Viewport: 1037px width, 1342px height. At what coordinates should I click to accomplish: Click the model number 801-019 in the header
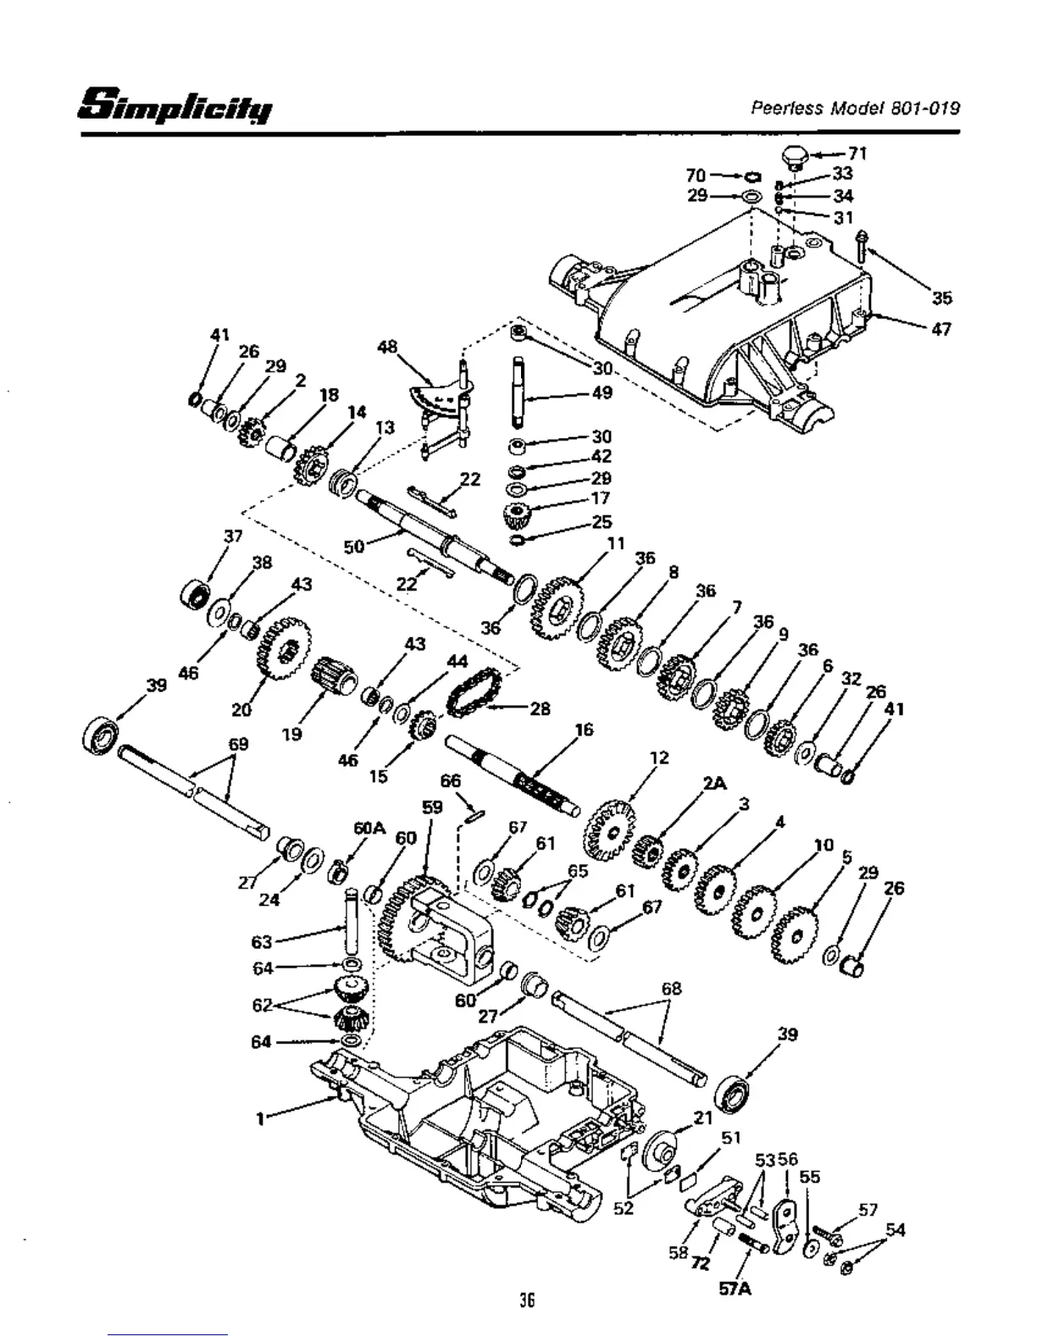918,108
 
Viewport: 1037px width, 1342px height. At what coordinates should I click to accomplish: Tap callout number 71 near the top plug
857,153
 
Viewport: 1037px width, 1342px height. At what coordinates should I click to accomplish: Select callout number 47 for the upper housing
940,329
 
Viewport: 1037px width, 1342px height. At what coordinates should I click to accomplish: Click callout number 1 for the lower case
259,1117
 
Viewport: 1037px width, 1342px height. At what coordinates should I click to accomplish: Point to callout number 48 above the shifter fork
388,347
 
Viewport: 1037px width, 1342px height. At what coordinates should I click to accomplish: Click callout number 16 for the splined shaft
583,729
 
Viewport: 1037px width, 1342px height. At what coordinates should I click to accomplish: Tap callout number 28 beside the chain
540,708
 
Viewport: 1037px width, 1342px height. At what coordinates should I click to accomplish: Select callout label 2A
714,785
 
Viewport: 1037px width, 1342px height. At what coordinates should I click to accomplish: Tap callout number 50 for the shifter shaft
354,546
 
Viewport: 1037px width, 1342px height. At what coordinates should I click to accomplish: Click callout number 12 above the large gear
659,757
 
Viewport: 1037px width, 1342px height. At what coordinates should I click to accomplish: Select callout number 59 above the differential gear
432,807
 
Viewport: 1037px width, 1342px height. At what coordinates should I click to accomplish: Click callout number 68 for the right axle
671,989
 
